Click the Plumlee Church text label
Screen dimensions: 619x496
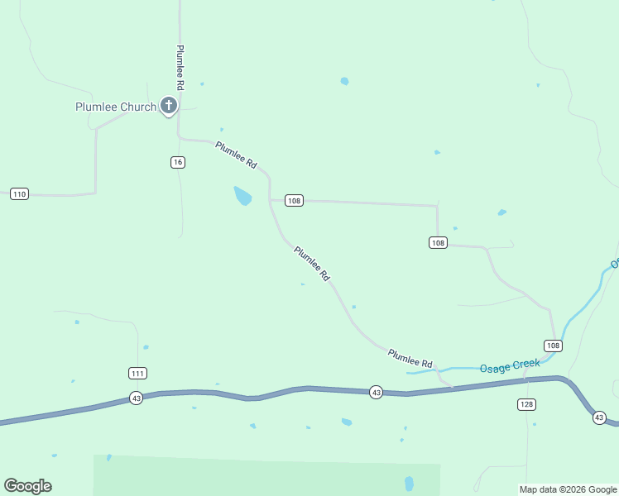pos(116,107)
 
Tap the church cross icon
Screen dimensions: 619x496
pos(169,105)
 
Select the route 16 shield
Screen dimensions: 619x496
pos(178,162)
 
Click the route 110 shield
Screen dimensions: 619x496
pos(20,194)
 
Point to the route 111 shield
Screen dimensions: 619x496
pos(138,373)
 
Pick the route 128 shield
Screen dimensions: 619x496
pos(526,404)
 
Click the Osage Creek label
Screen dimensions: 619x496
pos(510,365)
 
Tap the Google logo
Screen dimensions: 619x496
pos(27,486)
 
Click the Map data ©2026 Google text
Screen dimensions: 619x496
pos(568,489)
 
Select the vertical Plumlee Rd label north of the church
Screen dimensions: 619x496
pos(180,68)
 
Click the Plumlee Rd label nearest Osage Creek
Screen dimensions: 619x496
pos(410,358)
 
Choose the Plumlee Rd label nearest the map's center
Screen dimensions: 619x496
pos(312,262)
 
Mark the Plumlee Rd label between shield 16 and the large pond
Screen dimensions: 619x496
pos(237,155)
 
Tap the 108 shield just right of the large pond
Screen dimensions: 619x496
pos(294,200)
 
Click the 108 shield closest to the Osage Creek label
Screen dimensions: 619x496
pos(553,345)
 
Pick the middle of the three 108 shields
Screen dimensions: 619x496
pos(439,242)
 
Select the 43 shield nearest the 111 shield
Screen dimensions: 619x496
pos(137,398)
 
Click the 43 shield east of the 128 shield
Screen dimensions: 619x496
pos(599,418)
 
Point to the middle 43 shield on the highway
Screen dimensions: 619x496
pos(376,392)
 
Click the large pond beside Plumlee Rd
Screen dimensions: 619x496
pos(242,196)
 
